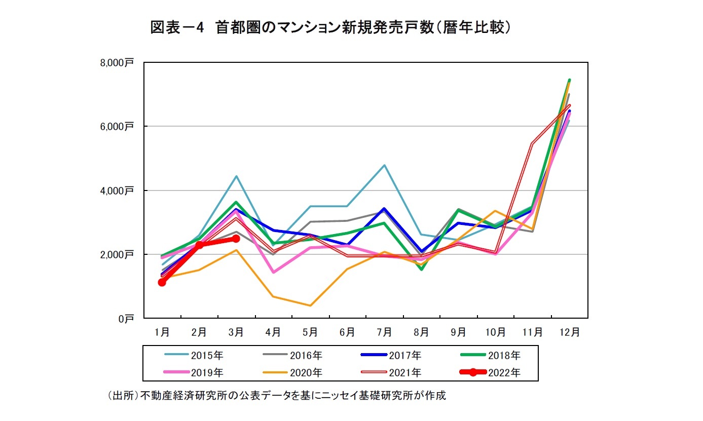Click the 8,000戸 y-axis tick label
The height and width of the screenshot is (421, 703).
[x=117, y=63]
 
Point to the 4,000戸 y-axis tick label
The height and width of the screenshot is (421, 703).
[x=117, y=190]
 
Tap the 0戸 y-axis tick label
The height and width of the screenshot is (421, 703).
[x=126, y=319]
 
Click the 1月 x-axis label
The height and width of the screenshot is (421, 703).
[x=162, y=332]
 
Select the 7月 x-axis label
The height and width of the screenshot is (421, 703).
[x=384, y=332]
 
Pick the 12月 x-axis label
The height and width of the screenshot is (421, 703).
[x=569, y=332]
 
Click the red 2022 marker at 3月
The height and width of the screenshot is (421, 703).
[x=236, y=239]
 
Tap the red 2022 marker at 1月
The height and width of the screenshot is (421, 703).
[x=162, y=282]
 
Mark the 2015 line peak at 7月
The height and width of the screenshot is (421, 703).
[x=384, y=165]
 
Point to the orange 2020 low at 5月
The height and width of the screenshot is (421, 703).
[x=310, y=305]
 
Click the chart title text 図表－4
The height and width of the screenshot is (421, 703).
[x=177, y=27]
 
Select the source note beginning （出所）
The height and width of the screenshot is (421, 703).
[x=277, y=396]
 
